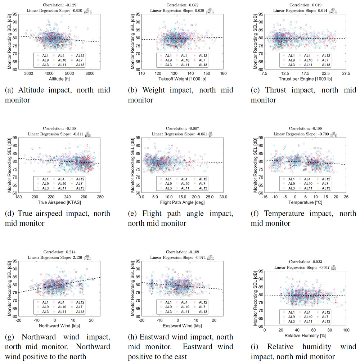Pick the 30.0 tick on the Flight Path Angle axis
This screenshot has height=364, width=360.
[223, 198]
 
